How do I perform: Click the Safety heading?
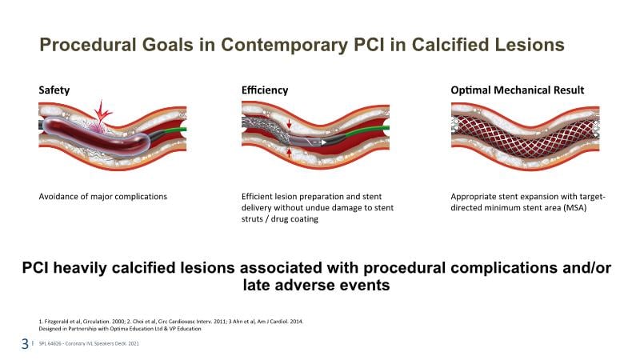(x=54, y=90)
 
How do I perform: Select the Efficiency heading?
(x=265, y=90)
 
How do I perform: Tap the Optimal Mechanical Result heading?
(x=517, y=90)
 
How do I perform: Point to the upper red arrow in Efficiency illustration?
(x=290, y=124)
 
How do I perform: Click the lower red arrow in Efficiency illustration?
(x=290, y=153)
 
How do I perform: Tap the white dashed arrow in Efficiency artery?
(x=316, y=142)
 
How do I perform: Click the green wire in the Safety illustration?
(x=172, y=130)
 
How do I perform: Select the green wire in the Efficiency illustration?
(x=368, y=130)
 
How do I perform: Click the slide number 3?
(x=26, y=344)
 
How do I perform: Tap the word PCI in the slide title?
(x=369, y=45)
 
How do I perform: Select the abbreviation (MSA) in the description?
(x=574, y=208)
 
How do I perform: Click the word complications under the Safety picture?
(x=141, y=197)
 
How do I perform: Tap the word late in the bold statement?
(x=257, y=285)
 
